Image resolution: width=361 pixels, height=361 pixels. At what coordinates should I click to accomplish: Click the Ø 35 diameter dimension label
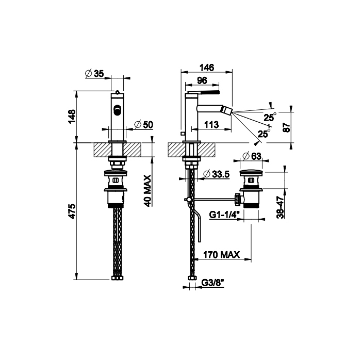94,73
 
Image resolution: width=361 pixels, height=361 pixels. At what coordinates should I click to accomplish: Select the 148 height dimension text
72,117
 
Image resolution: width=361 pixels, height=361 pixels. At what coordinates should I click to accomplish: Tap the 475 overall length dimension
72,211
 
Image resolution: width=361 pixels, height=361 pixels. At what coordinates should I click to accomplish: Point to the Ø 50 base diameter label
144,125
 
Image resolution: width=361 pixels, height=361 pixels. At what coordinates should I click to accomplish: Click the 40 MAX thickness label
147,191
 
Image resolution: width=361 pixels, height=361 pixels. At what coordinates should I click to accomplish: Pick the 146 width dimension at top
207,68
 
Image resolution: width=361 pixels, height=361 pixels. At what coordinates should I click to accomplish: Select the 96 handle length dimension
202,80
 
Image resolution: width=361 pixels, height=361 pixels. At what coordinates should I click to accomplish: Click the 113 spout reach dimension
211,125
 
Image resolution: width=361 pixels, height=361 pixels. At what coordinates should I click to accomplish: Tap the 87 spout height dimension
287,127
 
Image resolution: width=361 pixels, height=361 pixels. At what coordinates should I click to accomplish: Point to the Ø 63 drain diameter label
252,156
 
